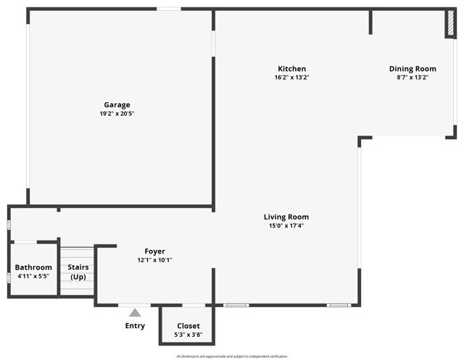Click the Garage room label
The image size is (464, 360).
[x=117, y=105]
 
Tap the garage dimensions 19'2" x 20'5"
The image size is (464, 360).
[x=117, y=114]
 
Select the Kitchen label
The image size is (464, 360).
[x=292, y=69]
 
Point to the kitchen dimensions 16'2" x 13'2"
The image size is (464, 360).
[x=292, y=78]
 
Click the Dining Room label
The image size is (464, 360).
[x=412, y=69]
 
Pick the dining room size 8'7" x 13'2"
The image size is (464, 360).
[x=412, y=78]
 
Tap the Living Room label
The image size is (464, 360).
[x=286, y=217]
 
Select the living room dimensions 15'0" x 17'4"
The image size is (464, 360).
[x=286, y=225]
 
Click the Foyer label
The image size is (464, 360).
[x=154, y=251]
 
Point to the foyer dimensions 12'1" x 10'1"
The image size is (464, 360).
[x=154, y=260]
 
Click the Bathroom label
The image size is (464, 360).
[x=33, y=267]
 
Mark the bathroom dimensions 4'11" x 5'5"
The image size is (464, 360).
[x=33, y=276]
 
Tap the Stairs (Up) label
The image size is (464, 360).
[x=78, y=272]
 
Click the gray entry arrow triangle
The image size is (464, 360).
[x=135, y=312]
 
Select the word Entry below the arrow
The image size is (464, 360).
[x=135, y=326]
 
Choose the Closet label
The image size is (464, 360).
[x=188, y=326]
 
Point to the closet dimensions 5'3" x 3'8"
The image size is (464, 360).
[x=188, y=335]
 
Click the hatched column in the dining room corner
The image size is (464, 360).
[x=449, y=24]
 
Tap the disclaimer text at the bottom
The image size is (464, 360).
[x=232, y=356]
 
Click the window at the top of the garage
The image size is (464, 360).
[x=169, y=9]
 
